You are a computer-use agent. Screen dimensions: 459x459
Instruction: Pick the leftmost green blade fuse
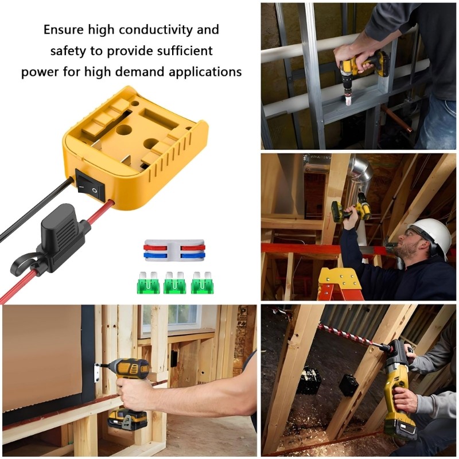pyautogui.click(x=149, y=283)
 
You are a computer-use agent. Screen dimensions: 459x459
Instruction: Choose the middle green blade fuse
pyautogui.click(x=176, y=283)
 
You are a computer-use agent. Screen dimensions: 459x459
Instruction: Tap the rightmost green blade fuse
pyautogui.click(x=203, y=283)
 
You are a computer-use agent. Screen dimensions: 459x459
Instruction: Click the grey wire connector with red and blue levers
pyautogui.click(x=174, y=250)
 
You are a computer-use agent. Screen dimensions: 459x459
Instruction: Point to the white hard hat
pyautogui.click(x=429, y=236)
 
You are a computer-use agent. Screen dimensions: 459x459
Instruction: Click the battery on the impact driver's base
pyautogui.click(x=128, y=420)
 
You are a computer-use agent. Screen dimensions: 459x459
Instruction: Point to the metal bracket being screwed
pyautogui.click(x=96, y=372)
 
